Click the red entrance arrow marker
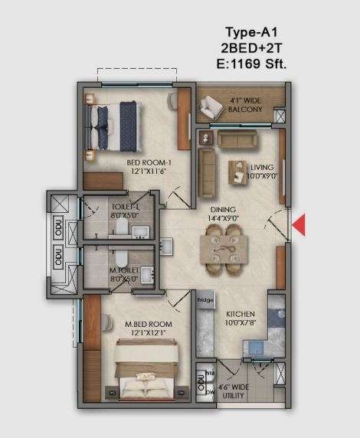point(300,224)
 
